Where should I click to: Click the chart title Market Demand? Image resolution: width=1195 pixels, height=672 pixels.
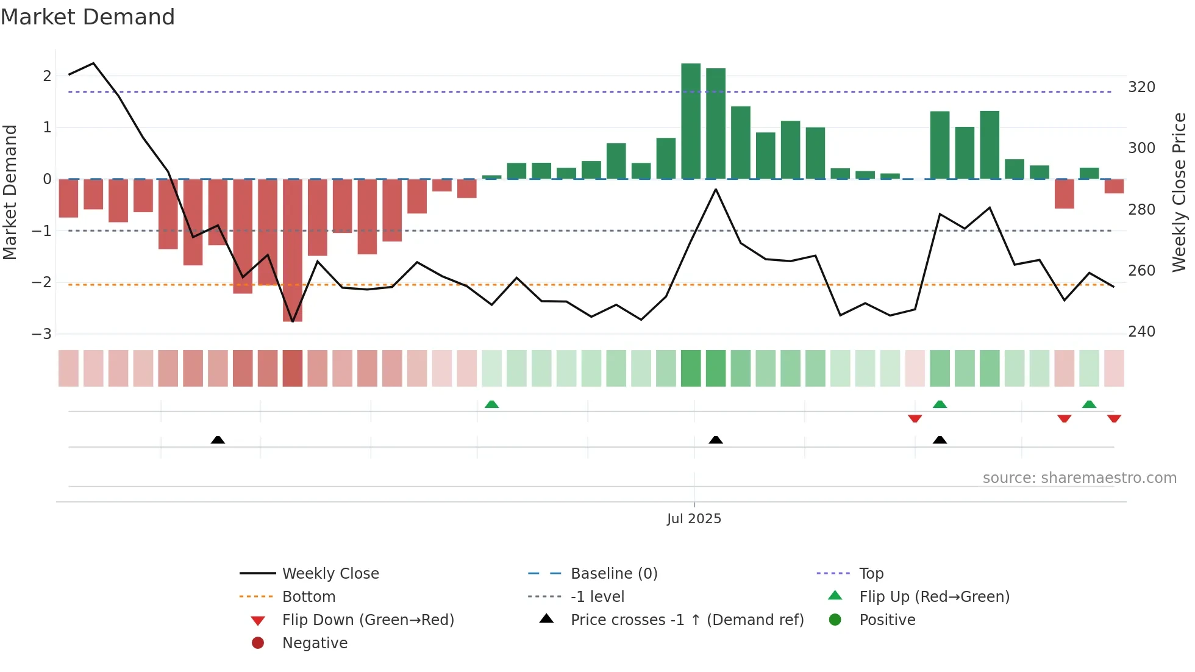point(88,16)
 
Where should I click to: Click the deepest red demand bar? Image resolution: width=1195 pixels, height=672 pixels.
point(293,250)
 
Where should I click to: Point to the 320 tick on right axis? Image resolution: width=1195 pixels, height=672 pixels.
point(1141,87)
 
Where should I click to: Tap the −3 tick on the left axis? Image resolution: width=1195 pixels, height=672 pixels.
point(41,334)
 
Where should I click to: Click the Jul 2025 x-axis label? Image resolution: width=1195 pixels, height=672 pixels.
point(694,519)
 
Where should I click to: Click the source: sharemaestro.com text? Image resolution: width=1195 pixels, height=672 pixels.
point(1079,478)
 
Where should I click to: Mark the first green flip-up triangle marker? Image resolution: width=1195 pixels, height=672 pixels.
point(491,404)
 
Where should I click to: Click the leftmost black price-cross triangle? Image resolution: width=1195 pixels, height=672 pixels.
point(218,440)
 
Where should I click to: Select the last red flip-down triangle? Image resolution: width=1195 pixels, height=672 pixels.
point(1114,418)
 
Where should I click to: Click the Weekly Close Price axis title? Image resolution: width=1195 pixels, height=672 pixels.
point(1179,192)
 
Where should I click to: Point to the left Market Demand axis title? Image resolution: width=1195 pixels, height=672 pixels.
point(10,192)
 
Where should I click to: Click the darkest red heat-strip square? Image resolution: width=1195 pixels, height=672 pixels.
point(293,368)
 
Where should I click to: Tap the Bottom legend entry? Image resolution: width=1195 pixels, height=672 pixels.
point(309,597)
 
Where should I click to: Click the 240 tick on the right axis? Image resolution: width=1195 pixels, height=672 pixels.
point(1141,332)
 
